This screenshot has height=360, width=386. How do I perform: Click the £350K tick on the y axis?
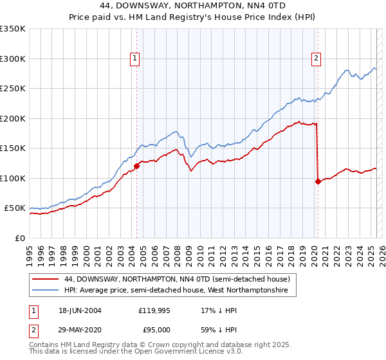[x=13, y=29]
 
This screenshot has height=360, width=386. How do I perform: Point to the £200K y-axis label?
[x=13, y=118]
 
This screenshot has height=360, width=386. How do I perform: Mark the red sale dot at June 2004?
[x=136, y=166]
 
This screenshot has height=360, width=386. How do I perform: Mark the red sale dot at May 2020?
[x=318, y=181]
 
